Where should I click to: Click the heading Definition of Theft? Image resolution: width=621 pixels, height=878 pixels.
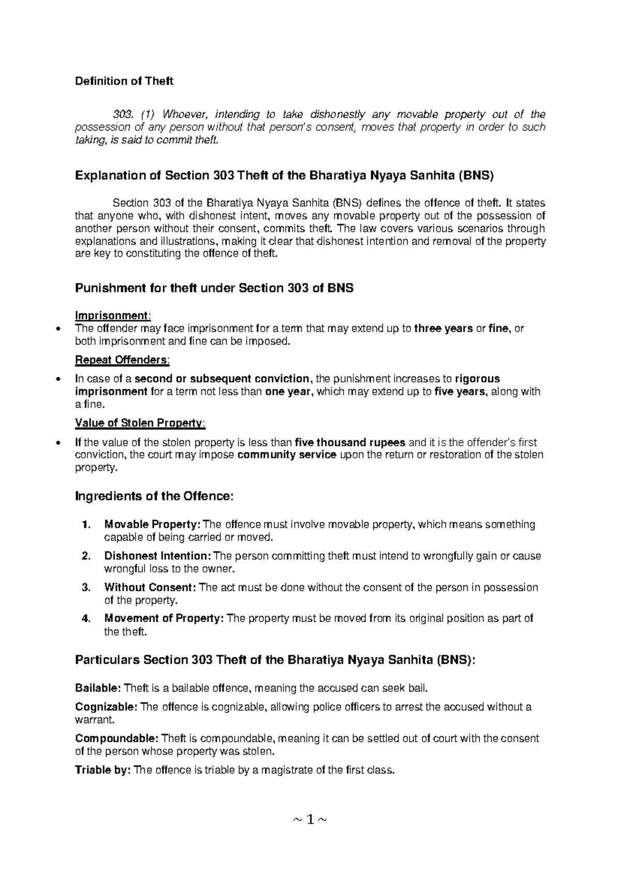(124, 81)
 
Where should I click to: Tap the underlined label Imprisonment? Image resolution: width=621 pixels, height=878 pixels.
(112, 316)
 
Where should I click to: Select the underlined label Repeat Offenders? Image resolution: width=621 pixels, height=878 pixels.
(122, 360)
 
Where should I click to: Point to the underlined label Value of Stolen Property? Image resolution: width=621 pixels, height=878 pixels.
(139, 423)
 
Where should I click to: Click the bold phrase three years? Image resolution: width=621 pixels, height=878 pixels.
(443, 329)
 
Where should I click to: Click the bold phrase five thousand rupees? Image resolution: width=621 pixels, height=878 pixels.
(350, 443)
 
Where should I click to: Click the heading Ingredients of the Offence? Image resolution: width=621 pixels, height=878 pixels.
(155, 496)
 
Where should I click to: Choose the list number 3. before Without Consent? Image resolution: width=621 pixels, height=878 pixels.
(86, 588)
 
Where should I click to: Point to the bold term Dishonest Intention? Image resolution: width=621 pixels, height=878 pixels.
(158, 556)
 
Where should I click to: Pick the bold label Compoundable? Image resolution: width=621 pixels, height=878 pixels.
(117, 739)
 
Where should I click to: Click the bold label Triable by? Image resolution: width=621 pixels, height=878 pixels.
(102, 770)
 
